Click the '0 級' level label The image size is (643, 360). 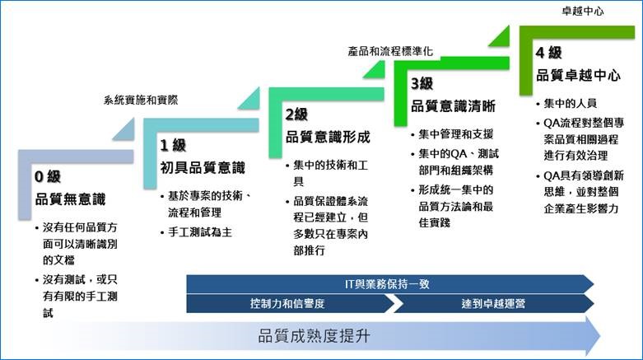pyautogui.click(x=48, y=177)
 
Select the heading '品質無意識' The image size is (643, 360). pyautogui.click(x=70, y=199)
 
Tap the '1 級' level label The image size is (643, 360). pyautogui.click(x=173, y=145)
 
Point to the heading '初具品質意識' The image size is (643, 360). pyautogui.click(x=203, y=167)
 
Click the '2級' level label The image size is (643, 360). pyautogui.click(x=296, y=115)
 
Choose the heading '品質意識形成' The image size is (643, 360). pyautogui.click(x=328, y=137)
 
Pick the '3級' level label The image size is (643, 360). pyautogui.click(x=422, y=84)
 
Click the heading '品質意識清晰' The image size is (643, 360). pyautogui.click(x=453, y=106)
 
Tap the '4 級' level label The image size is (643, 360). pyautogui.click(x=548, y=53)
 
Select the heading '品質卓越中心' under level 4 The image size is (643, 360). pyautogui.click(x=578, y=75)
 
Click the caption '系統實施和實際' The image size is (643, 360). pyautogui.click(x=141, y=100)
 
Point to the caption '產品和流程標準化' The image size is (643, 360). pyautogui.click(x=390, y=51)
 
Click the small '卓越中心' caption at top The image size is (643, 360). pyautogui.click(x=583, y=12)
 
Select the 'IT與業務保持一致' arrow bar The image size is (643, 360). pyautogui.click(x=390, y=284)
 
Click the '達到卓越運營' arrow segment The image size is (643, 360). pyautogui.click(x=493, y=304)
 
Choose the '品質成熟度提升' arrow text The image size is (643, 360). pyautogui.click(x=315, y=336)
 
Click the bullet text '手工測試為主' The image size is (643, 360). pyautogui.click(x=200, y=232)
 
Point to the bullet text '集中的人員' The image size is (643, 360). pyautogui.click(x=570, y=104)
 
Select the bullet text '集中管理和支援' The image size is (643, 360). pyautogui.click(x=455, y=134)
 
